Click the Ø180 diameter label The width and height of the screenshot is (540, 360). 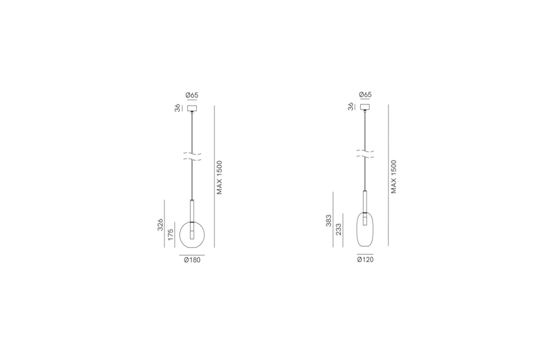(192, 260)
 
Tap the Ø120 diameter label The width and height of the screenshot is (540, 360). (365, 260)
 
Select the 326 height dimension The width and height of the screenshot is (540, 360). (160, 225)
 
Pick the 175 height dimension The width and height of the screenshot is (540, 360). (171, 234)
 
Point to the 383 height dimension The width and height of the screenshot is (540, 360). (329, 220)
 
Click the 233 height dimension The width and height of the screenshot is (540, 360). (339, 229)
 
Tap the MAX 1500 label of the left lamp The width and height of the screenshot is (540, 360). (220, 177)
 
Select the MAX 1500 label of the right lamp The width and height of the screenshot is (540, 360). (394, 176)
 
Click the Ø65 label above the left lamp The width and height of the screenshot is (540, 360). (192, 95)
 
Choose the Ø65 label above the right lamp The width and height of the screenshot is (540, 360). (365, 94)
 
